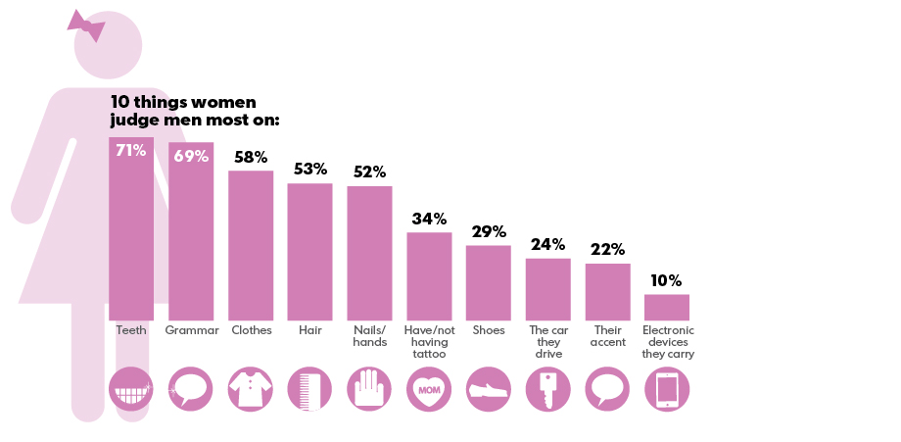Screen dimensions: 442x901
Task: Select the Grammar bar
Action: (191, 240)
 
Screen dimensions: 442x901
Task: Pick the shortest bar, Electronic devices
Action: (667, 307)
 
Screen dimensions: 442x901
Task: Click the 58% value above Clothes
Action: (251, 158)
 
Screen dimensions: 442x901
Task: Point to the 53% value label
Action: (309, 170)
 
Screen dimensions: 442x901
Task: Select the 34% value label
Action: (429, 219)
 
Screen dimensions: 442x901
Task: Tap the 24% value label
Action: (547, 245)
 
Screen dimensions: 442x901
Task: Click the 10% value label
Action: (666, 281)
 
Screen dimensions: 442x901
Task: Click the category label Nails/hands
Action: (369, 336)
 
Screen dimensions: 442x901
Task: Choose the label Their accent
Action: (607, 336)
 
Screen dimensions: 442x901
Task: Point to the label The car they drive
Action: (547, 342)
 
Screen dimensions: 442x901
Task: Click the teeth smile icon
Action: (131, 389)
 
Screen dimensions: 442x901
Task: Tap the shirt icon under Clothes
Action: (251, 389)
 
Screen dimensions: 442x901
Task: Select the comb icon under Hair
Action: (309, 389)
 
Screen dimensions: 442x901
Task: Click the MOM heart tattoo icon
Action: (429, 389)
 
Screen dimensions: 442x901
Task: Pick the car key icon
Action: (547, 389)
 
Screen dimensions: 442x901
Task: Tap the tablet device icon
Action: (667, 389)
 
